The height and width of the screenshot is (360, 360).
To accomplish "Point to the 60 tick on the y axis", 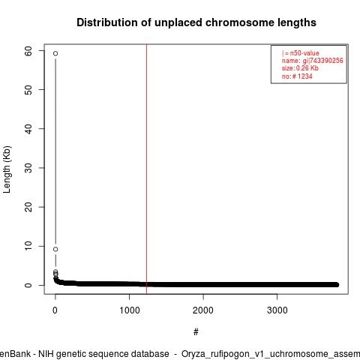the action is pyautogui.click(x=28, y=51).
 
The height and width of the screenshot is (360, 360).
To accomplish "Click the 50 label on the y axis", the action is pyautogui.click(x=28, y=90).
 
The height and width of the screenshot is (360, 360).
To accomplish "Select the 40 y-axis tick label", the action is pyautogui.click(x=28, y=129).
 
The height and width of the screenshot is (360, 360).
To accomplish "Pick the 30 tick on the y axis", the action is pyautogui.click(x=28, y=168).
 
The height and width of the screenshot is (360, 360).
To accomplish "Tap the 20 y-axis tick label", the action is pyautogui.click(x=28, y=207).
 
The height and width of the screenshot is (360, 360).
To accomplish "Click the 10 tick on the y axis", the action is pyautogui.click(x=28, y=246).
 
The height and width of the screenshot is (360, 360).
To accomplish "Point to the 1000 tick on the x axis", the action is pyautogui.click(x=130, y=310).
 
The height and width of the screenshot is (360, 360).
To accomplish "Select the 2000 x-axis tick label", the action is pyautogui.click(x=203, y=310).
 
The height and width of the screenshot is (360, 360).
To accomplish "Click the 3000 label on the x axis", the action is pyautogui.click(x=277, y=310).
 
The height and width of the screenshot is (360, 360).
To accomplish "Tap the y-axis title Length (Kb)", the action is pyautogui.click(x=7, y=169).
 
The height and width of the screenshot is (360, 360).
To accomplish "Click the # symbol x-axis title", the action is pyautogui.click(x=196, y=332).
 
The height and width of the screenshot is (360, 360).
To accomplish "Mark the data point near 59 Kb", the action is pyautogui.click(x=55, y=53).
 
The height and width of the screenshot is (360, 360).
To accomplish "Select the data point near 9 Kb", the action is pyautogui.click(x=55, y=249).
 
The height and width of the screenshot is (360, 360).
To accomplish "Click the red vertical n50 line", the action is pyautogui.click(x=146, y=169).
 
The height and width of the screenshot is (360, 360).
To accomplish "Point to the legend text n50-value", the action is pyautogui.click(x=304, y=53).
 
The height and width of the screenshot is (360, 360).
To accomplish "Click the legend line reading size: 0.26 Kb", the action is pyautogui.click(x=300, y=68).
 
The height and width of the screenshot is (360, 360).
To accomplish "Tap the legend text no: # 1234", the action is pyautogui.click(x=297, y=76).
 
